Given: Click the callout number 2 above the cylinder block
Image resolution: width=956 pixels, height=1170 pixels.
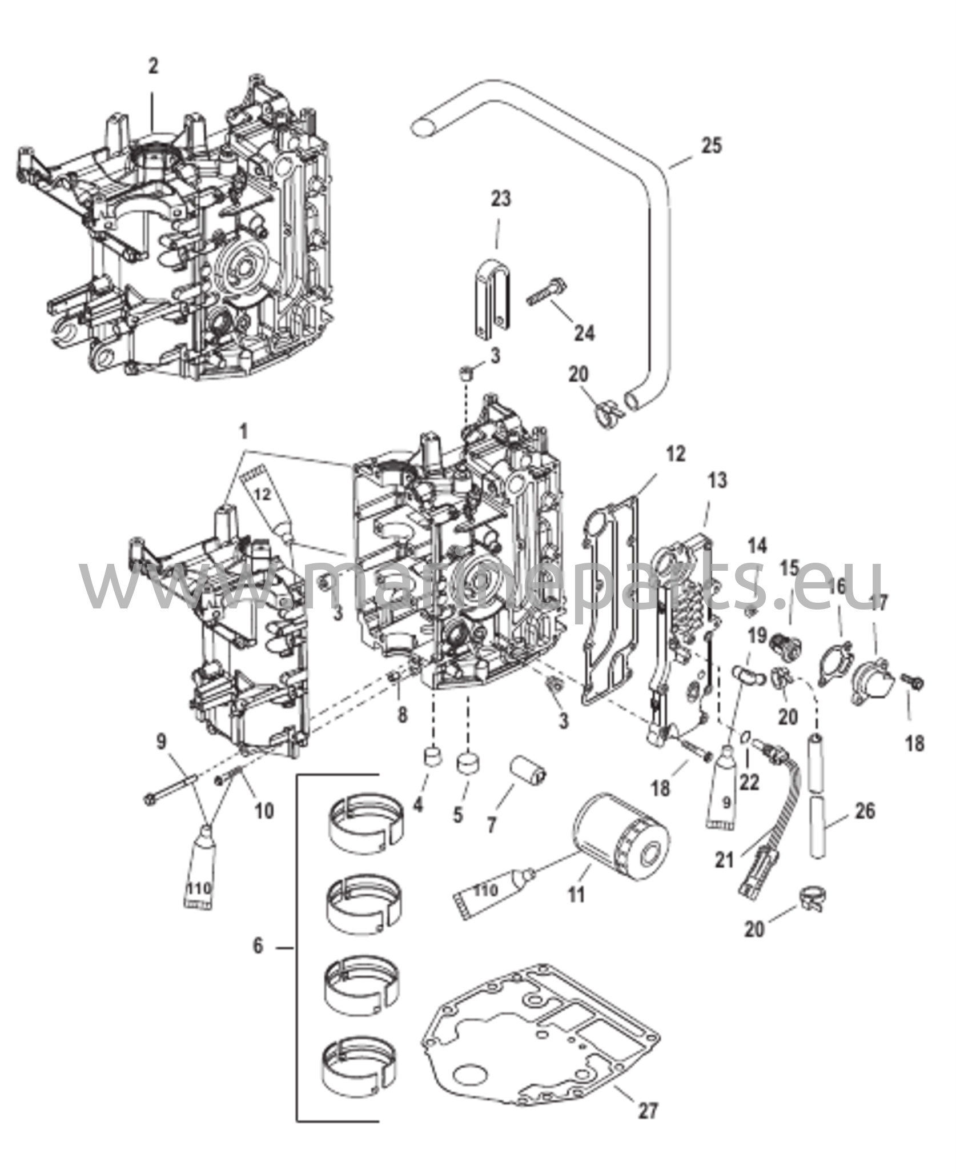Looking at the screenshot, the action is click(x=152, y=66).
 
